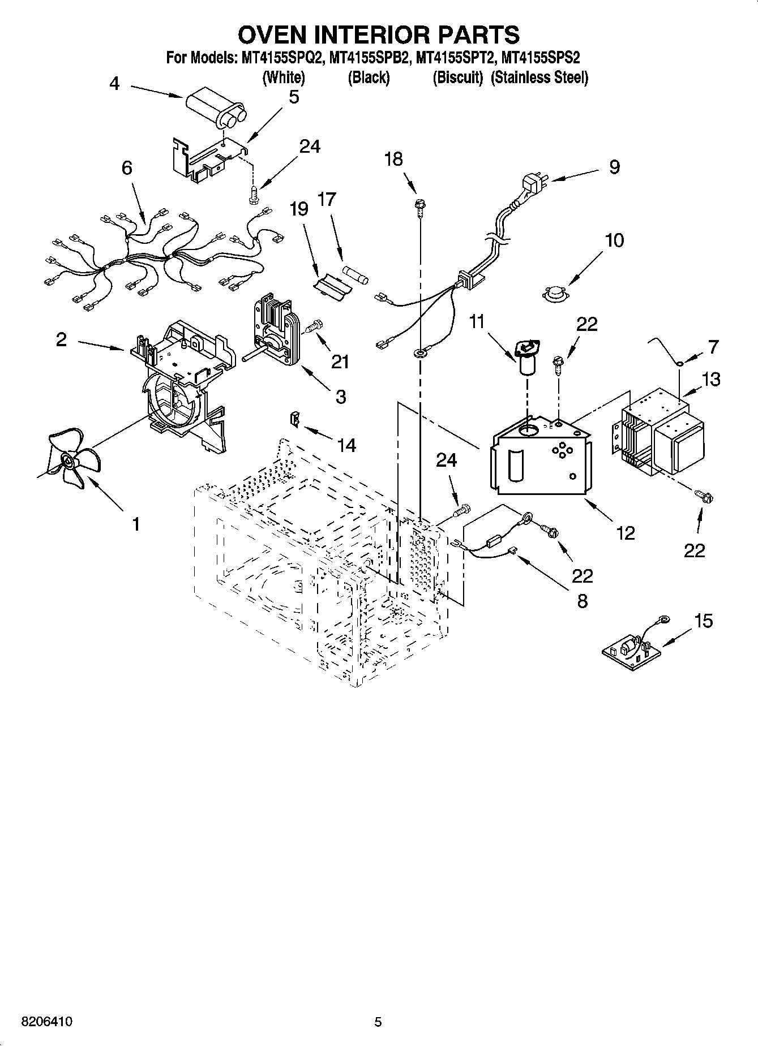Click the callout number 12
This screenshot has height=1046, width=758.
coord(626,533)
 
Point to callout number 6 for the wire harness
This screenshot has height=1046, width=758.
coord(127,167)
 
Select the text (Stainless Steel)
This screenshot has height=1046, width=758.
coord(539,78)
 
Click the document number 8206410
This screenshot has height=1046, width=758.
coord(46,1022)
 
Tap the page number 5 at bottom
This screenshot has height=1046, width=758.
coord(378,1022)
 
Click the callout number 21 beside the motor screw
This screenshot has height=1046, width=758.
coord(340,361)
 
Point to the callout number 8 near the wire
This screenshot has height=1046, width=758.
coord(583,600)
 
